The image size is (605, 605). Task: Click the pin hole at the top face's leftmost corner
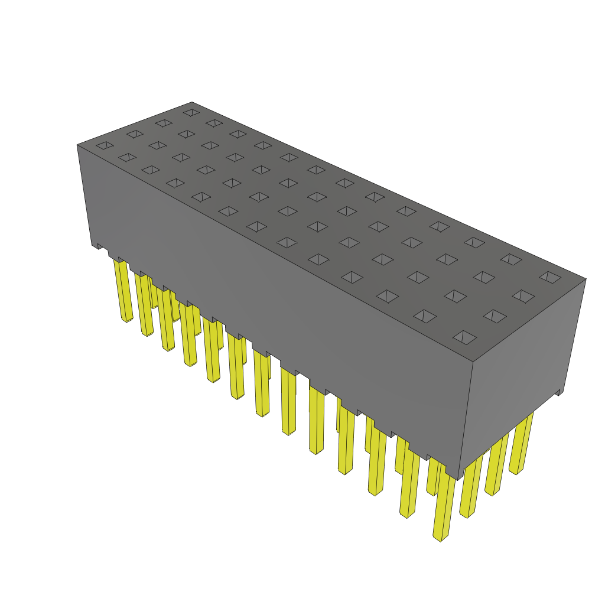coord(105,145)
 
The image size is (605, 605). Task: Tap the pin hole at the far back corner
coord(191,112)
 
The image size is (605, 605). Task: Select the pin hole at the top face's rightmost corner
coord(549,277)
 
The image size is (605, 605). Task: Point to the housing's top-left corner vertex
coord(77,145)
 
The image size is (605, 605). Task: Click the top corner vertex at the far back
coord(193,102)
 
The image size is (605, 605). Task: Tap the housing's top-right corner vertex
coord(586,279)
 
